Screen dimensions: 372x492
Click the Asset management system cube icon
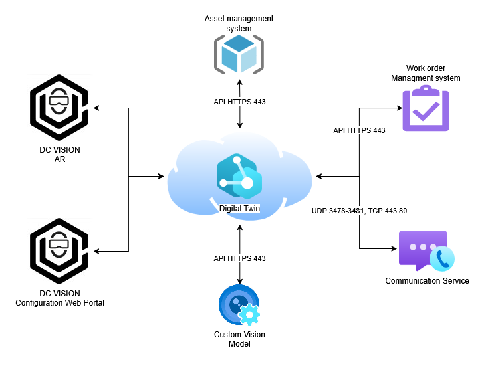(239, 54)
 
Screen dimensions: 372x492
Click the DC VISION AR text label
(59, 155)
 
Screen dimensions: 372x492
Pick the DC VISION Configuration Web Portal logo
(60, 251)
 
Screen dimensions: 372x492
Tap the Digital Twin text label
(240, 209)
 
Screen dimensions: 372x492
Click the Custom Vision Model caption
(237, 339)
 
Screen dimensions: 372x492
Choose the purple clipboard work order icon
(426, 110)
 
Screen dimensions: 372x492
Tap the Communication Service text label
(427, 281)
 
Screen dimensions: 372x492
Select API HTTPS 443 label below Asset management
(239, 102)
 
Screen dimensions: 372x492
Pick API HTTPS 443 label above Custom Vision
(239, 258)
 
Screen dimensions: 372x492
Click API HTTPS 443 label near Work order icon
(359, 130)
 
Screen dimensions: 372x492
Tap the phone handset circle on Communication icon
(441, 259)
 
